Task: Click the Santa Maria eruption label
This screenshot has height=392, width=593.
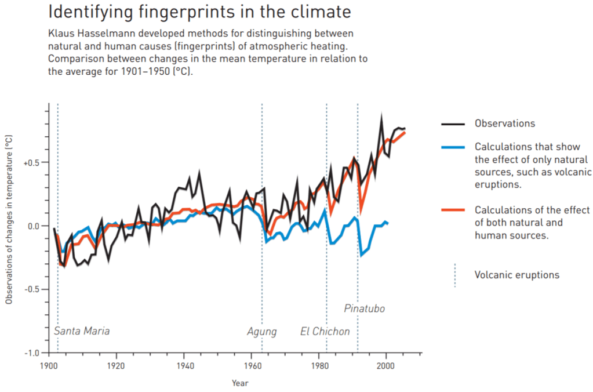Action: (x=81, y=331)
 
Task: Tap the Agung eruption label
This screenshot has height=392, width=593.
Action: (x=261, y=332)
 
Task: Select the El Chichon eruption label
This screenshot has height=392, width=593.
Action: (x=325, y=332)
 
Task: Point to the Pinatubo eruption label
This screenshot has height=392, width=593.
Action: (x=364, y=308)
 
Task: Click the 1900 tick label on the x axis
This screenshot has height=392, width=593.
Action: (x=48, y=365)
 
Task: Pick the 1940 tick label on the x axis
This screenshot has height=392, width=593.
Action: (x=184, y=365)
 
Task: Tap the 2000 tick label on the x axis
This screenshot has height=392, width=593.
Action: (x=385, y=365)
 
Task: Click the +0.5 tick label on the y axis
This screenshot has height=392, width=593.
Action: (x=31, y=163)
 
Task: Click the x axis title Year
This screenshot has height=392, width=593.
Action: (x=240, y=383)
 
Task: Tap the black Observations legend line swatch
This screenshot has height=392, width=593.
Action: (x=453, y=124)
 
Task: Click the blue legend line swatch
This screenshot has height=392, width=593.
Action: (x=453, y=148)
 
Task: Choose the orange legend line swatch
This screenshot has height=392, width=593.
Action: (x=453, y=210)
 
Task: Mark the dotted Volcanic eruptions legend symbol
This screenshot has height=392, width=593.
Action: (x=454, y=275)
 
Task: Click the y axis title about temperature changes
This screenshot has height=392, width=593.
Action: (x=9, y=220)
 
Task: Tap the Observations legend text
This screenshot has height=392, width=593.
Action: (x=504, y=124)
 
